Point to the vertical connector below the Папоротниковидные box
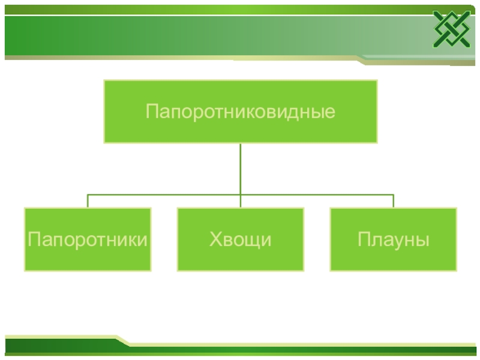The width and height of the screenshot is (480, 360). click(240, 168)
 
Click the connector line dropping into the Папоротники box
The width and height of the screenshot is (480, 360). click(88, 201)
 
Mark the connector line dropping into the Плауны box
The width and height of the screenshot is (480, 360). click(394, 201)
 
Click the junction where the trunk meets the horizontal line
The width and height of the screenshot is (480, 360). click(240, 194)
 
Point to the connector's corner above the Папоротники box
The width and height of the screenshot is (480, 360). click(88, 194)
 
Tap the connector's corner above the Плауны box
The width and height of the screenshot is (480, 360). click(394, 194)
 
